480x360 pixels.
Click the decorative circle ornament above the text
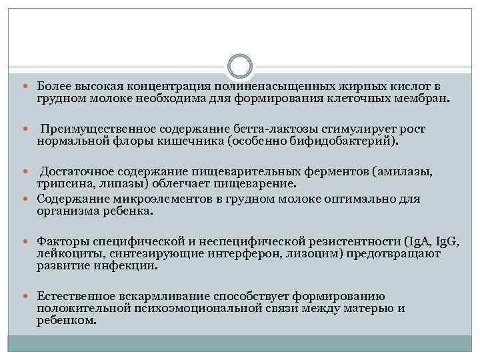(240, 66)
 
